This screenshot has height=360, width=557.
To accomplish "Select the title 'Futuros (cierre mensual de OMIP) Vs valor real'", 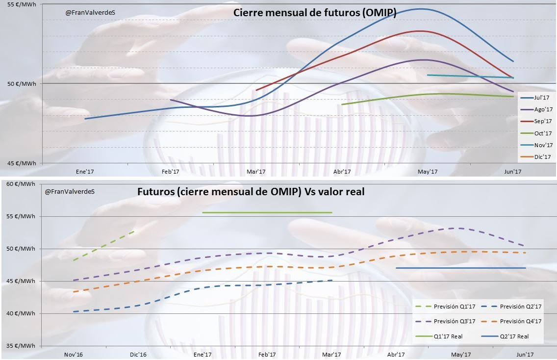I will tap(251, 192).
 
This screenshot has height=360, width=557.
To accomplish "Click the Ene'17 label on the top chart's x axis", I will tap(84, 172).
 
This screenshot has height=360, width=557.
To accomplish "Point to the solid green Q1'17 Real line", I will tap(267, 212).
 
